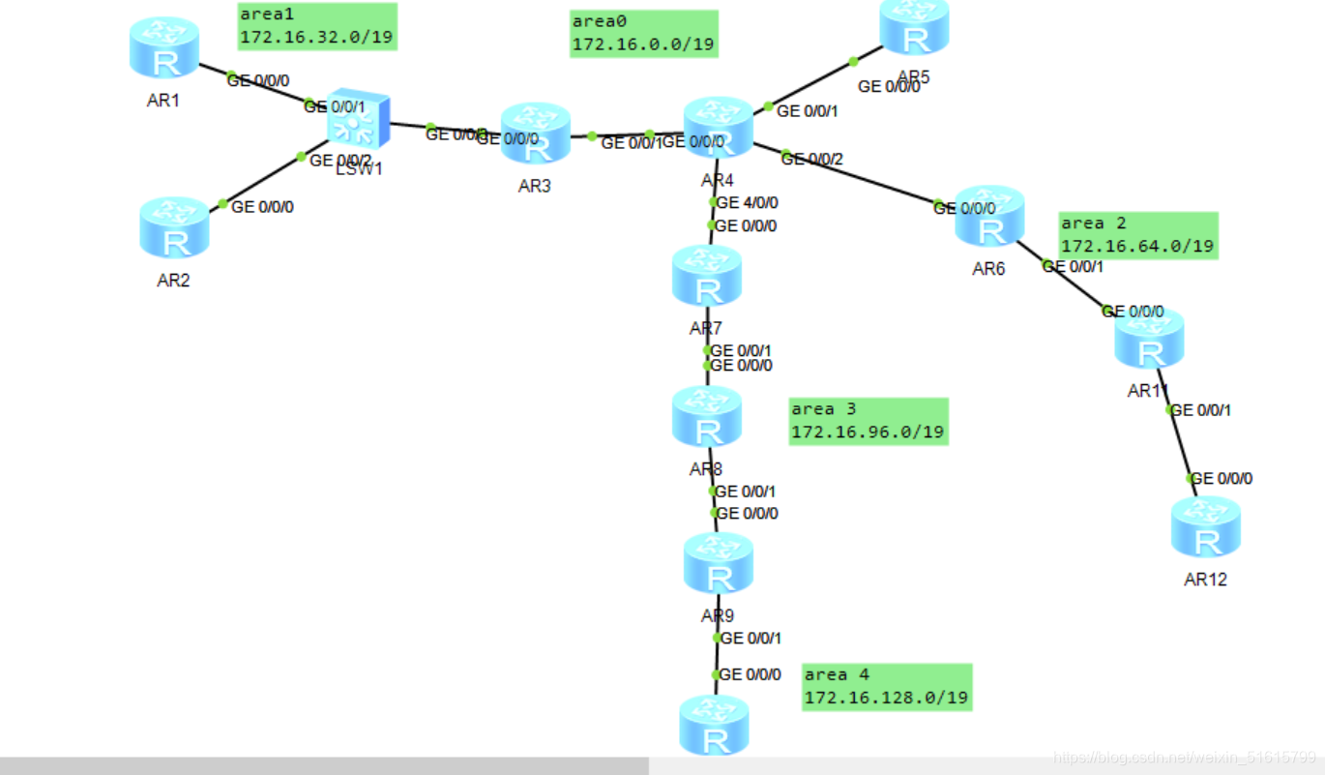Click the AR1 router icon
point(164,47)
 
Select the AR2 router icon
point(174,227)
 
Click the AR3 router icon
point(535,134)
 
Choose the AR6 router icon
point(988,217)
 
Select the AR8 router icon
point(707,417)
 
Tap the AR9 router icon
point(718,563)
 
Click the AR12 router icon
point(1205,527)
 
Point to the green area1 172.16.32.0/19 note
point(316,26)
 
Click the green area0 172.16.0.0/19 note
point(643,34)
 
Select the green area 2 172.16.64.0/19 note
point(1137,235)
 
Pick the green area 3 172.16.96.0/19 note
point(868,421)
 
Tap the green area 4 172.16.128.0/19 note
point(886,687)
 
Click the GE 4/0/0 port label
point(748,203)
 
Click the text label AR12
point(1205,580)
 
